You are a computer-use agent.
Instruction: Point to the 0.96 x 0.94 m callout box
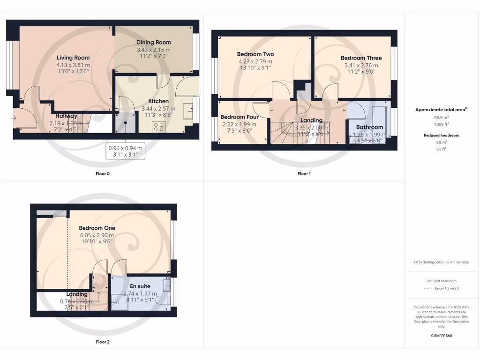[125, 150]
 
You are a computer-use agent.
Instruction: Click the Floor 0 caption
[102, 173]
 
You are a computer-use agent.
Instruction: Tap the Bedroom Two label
[255, 54]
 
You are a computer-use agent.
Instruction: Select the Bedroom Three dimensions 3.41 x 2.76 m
[361, 65]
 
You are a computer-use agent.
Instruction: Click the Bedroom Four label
[239, 117]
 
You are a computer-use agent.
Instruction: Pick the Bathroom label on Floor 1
[369, 127]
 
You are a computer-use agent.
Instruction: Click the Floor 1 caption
[304, 173]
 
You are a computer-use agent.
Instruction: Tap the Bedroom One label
[97, 228]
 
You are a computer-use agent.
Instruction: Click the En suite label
[140, 286]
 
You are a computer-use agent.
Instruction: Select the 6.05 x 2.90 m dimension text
[97, 234]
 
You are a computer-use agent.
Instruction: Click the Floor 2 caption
[103, 342]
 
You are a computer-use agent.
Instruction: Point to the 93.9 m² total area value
[442, 119]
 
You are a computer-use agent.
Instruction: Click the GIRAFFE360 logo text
[442, 336]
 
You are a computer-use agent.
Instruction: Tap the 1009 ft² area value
[442, 125]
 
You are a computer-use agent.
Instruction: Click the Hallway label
[66, 116]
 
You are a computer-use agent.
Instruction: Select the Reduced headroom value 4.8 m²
[442, 142]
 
